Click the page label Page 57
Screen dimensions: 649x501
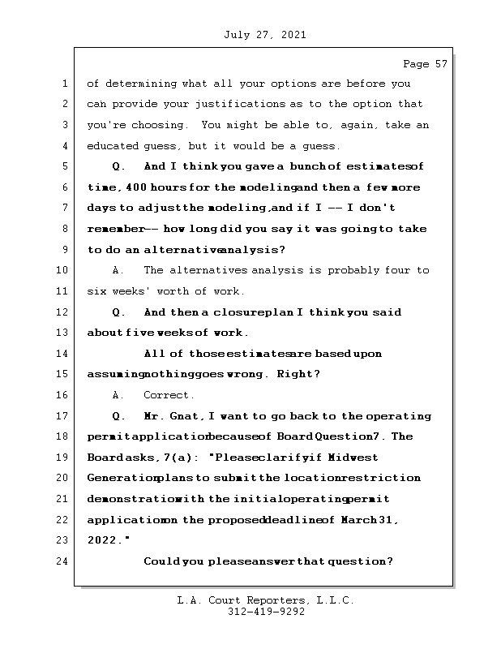click(x=425, y=63)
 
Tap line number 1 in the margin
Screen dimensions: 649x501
click(x=63, y=84)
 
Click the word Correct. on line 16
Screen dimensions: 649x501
click(x=169, y=395)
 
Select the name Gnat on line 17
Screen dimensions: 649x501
click(x=186, y=416)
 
